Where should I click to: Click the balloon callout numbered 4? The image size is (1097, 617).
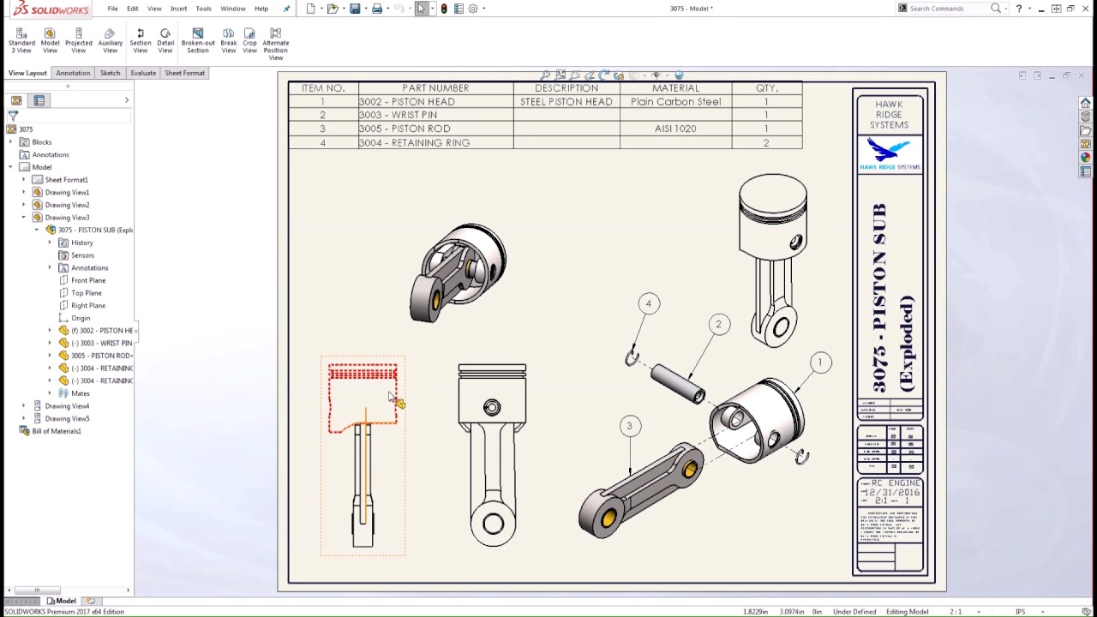pos(649,303)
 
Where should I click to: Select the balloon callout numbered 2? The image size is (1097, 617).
pos(719,324)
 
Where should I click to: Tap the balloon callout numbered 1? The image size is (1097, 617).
pos(820,362)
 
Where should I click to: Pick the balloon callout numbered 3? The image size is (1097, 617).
pos(629,426)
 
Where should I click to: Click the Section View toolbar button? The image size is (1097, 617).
pos(141,41)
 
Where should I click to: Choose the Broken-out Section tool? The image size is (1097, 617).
pos(198,41)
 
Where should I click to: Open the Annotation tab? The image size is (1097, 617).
pos(73,73)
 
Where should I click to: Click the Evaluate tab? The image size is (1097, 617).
pos(143,73)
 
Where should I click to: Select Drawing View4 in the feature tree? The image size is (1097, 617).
pos(67,406)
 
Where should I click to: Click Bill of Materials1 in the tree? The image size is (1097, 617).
pos(57,431)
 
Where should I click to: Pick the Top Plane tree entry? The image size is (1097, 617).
pos(87,293)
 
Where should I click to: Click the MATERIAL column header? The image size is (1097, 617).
pos(675,88)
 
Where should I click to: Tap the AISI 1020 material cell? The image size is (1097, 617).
pos(675,129)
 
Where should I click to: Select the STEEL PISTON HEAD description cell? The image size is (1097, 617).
pos(566,101)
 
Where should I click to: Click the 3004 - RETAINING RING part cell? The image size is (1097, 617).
pos(415,143)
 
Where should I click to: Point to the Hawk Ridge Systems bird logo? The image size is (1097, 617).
pos(889,153)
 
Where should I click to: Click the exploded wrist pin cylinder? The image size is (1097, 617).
pos(677,382)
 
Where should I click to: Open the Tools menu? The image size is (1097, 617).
pos(203,9)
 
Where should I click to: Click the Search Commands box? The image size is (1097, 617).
pos(943,9)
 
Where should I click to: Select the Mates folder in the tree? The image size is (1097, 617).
pos(81,393)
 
